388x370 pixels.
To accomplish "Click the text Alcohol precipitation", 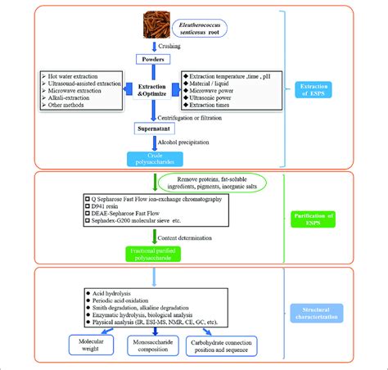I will [x=194, y=142].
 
